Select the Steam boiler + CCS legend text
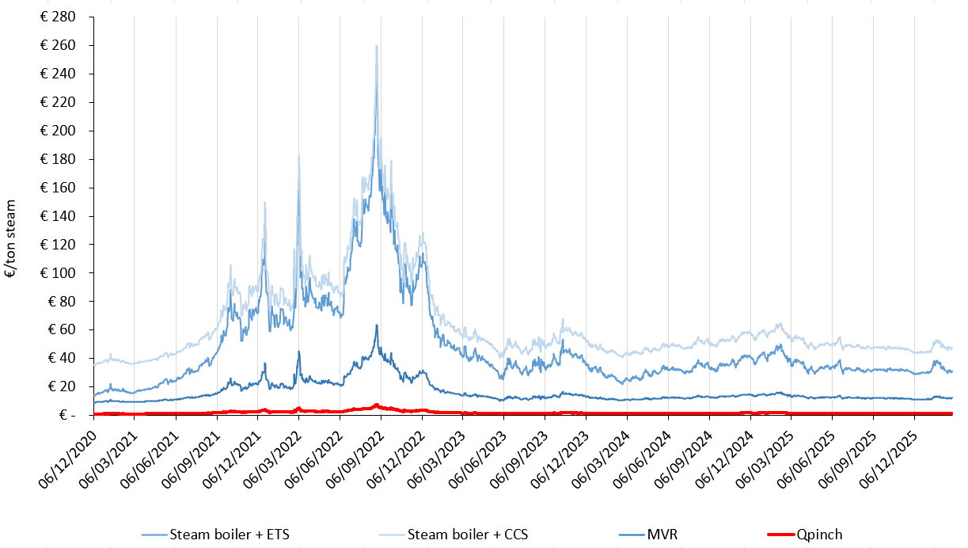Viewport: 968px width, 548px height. point(468,535)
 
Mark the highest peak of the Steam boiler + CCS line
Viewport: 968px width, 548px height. point(377,46)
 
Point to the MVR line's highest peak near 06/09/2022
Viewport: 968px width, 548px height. point(377,325)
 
